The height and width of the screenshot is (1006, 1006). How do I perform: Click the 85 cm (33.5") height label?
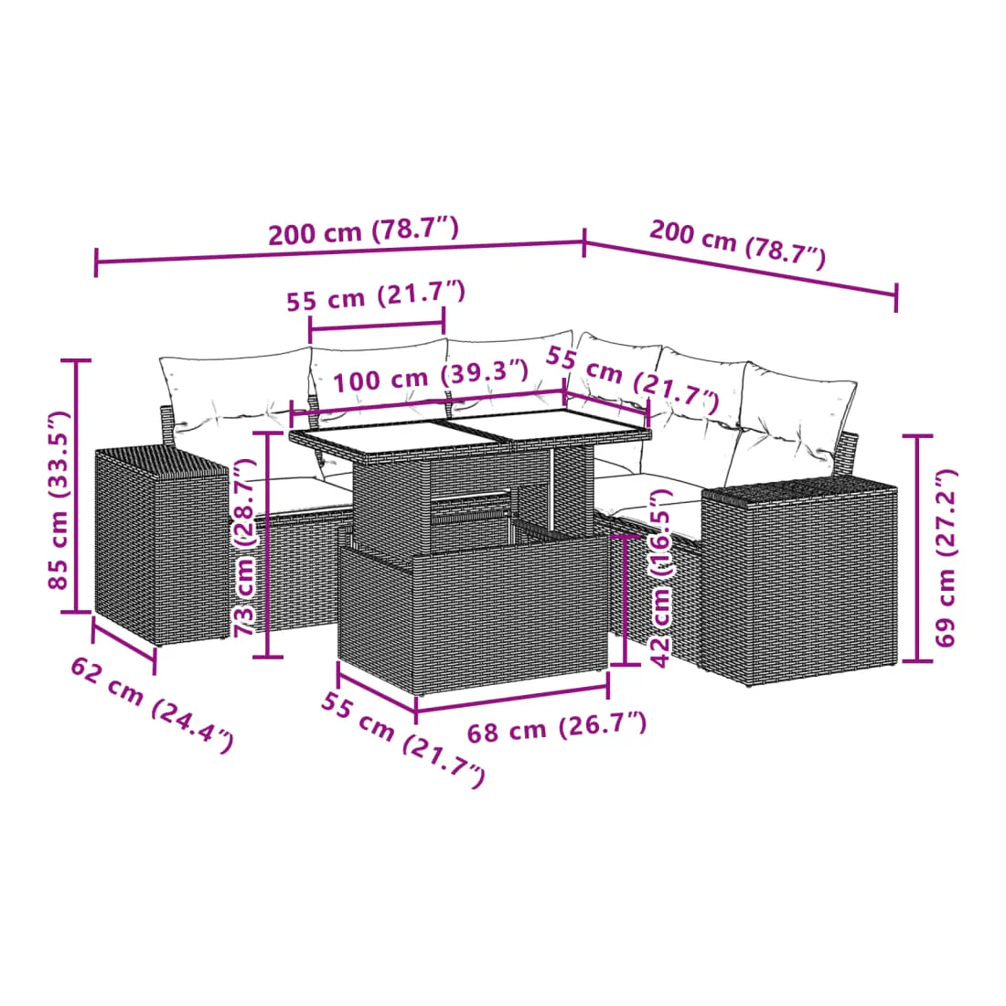tap(59, 501)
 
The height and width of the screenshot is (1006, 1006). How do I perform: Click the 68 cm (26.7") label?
tap(556, 728)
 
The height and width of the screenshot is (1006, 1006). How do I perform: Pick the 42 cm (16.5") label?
tap(661, 577)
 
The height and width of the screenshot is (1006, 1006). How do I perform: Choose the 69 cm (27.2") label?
tap(945, 558)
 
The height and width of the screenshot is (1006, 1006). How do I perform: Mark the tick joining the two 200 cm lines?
tap(583, 241)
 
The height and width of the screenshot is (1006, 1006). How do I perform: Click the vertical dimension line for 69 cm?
tap(917, 548)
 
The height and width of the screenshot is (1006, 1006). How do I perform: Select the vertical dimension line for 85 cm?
tap(76, 487)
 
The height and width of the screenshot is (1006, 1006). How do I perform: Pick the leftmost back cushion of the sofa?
tap(235, 391)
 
